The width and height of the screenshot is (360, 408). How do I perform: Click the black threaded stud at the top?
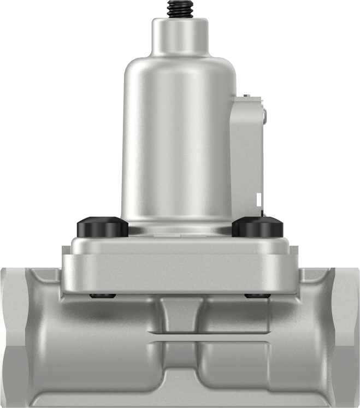coord(180,8)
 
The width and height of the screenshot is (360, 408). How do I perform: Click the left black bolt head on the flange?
coord(102,226)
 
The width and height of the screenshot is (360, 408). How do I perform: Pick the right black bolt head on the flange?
coord(257,226)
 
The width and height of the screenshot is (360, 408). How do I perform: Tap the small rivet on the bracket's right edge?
coord(264,114)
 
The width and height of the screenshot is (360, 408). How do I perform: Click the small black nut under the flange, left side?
coord(102,296)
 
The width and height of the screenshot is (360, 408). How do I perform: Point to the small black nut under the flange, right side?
coord(257,296)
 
